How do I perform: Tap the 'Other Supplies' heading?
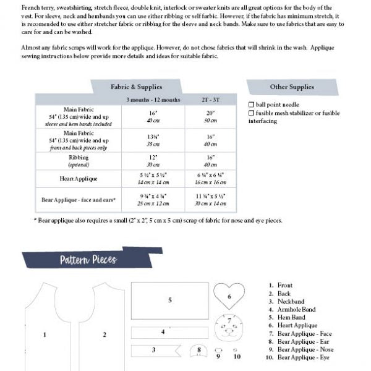click(x=291, y=87)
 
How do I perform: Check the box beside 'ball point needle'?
click(x=250, y=105)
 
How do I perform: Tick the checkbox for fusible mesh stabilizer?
click(x=250, y=113)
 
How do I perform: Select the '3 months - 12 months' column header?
click(x=153, y=100)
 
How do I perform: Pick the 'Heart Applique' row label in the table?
click(x=79, y=179)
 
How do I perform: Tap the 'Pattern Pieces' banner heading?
click(x=88, y=260)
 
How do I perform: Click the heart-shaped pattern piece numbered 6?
click(x=229, y=297)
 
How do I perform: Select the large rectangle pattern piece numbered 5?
click(x=169, y=300)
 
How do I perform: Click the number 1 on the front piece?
click(x=45, y=335)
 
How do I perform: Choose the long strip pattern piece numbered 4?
click(x=163, y=332)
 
